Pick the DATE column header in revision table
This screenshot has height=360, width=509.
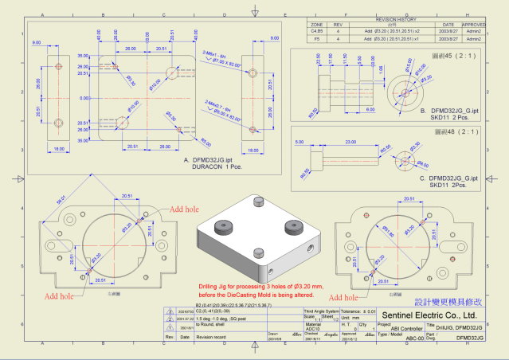pos(448,25)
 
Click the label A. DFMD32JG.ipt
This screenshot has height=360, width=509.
pos(210,160)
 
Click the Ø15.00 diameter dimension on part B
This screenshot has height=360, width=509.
pos(408,65)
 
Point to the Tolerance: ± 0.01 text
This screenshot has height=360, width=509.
pos(358,311)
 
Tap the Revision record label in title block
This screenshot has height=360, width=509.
pos(211,337)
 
